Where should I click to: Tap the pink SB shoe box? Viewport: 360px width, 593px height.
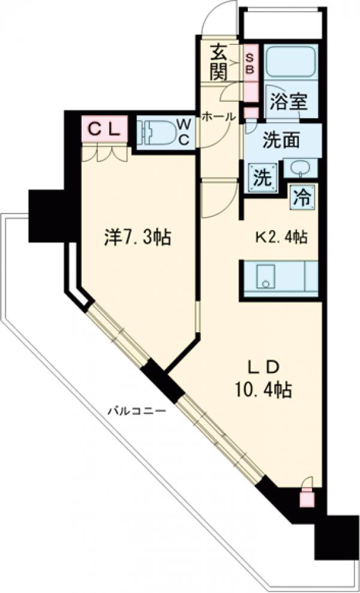coord(250,62)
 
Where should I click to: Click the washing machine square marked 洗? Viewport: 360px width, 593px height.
coord(262,177)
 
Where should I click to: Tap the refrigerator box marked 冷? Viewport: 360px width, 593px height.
coord(303,197)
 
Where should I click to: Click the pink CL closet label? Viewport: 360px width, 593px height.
coord(105,128)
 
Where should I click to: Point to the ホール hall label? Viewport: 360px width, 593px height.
coord(218,117)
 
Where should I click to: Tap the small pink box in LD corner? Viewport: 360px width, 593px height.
coord(307,496)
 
